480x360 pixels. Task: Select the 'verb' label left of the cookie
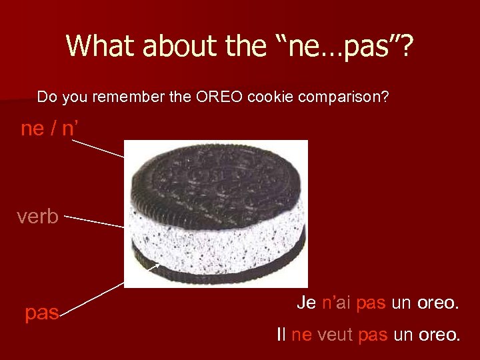pos(38,217)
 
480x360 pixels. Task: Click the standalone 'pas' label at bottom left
pos(42,313)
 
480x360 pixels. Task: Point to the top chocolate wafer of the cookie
pos(217,177)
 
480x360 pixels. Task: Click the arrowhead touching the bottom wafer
pos(157,267)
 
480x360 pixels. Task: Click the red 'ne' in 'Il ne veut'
pos(301,335)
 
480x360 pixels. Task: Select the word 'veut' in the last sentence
pos(335,335)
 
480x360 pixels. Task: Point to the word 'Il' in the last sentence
pos(281,335)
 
